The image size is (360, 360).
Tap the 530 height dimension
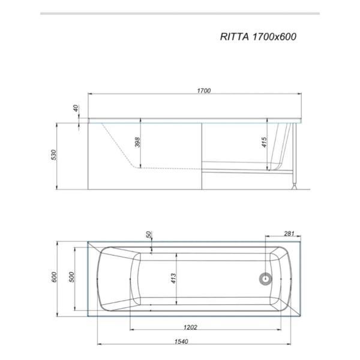53,155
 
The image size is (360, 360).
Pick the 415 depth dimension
263,142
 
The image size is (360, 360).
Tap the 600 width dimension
54,277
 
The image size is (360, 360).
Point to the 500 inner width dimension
71,277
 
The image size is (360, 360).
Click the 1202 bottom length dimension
190,327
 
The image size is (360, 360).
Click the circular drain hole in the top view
265,278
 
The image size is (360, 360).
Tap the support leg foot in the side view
293,187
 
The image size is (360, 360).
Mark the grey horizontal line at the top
180,13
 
